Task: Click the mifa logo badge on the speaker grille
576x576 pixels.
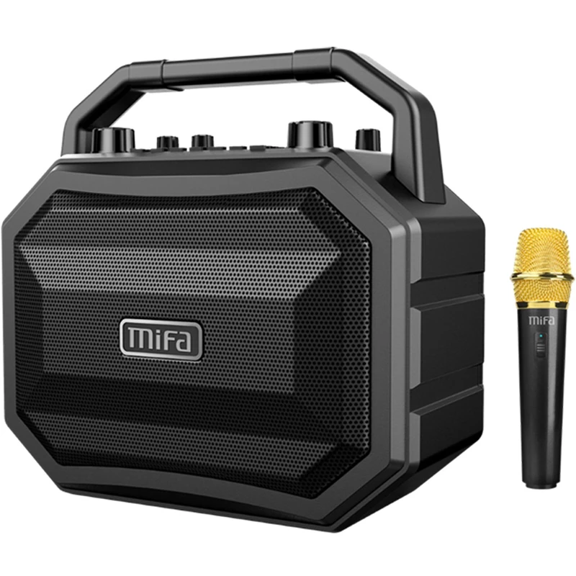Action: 161,339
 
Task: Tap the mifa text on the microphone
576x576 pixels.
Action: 541,320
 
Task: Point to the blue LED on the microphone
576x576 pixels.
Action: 541,336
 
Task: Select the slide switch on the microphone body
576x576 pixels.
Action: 541,348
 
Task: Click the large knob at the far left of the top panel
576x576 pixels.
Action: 113,140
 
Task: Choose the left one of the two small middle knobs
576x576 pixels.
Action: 168,143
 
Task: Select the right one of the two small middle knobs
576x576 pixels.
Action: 202,142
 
